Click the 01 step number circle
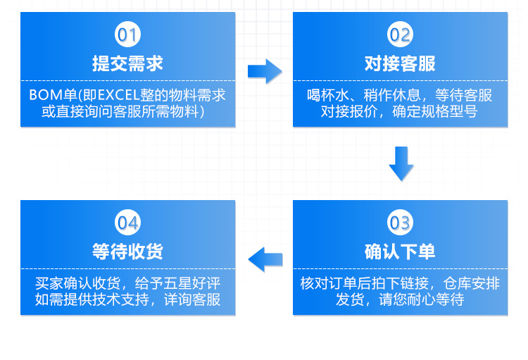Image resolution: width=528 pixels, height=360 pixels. [x=127, y=34]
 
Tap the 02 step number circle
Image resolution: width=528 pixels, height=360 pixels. [x=400, y=34]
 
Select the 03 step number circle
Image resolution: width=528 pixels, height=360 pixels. [x=400, y=223]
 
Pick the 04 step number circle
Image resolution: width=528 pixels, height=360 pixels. [x=127, y=223]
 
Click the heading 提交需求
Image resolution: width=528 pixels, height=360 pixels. [x=127, y=63]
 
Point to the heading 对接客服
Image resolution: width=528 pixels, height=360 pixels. [x=400, y=63]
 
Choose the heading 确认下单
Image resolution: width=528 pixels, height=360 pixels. [x=400, y=252]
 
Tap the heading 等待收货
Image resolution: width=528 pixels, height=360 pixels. [x=127, y=252]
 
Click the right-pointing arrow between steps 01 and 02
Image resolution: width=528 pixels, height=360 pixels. [x=264, y=70]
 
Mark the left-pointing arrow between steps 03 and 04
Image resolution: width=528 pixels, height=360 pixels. [x=265, y=259]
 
